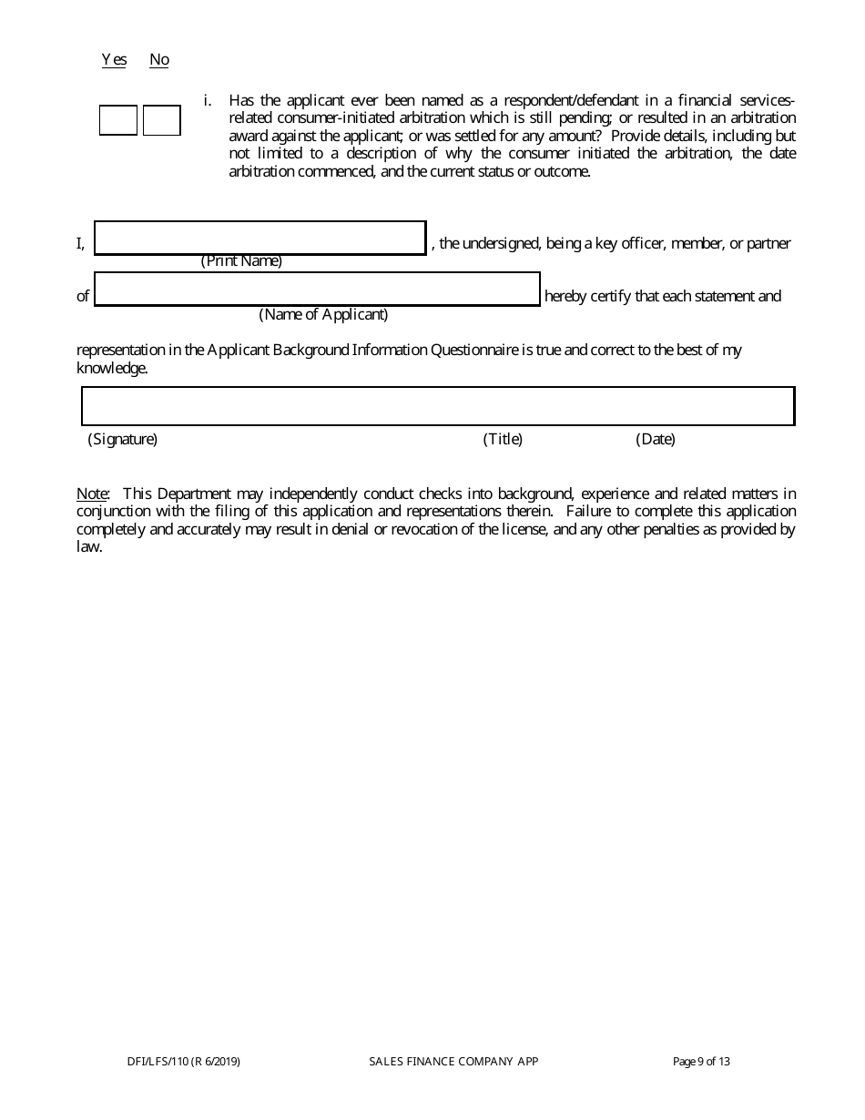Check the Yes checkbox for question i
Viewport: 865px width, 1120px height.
[x=117, y=120]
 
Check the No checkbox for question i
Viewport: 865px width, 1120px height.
[x=162, y=120]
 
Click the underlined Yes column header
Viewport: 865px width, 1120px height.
[x=114, y=60]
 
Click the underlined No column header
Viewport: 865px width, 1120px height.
[x=159, y=60]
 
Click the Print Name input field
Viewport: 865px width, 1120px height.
[x=260, y=239]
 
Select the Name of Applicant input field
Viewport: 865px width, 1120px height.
[x=317, y=290]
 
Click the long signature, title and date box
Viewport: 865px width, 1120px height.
[x=438, y=406]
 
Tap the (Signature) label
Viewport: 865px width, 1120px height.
[x=123, y=440]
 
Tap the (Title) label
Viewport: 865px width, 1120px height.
[x=503, y=440]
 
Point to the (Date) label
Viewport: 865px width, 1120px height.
[x=656, y=440]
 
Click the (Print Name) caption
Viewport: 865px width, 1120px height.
[x=241, y=261]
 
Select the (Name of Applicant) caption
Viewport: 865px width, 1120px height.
[x=323, y=315]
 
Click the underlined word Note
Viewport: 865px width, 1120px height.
[x=92, y=494]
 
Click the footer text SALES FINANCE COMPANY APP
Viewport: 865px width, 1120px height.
[x=453, y=1061]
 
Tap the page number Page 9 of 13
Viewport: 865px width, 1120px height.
[x=701, y=1061]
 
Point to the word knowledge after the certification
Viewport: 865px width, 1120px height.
[x=110, y=369]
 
